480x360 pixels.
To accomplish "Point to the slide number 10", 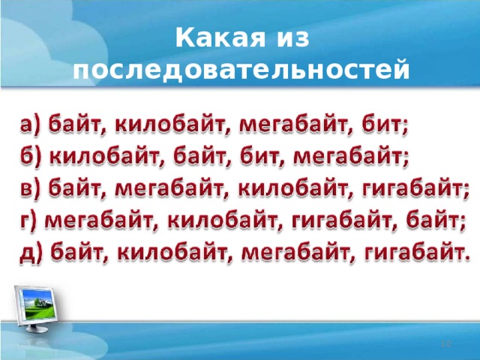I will (x=445, y=343).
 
